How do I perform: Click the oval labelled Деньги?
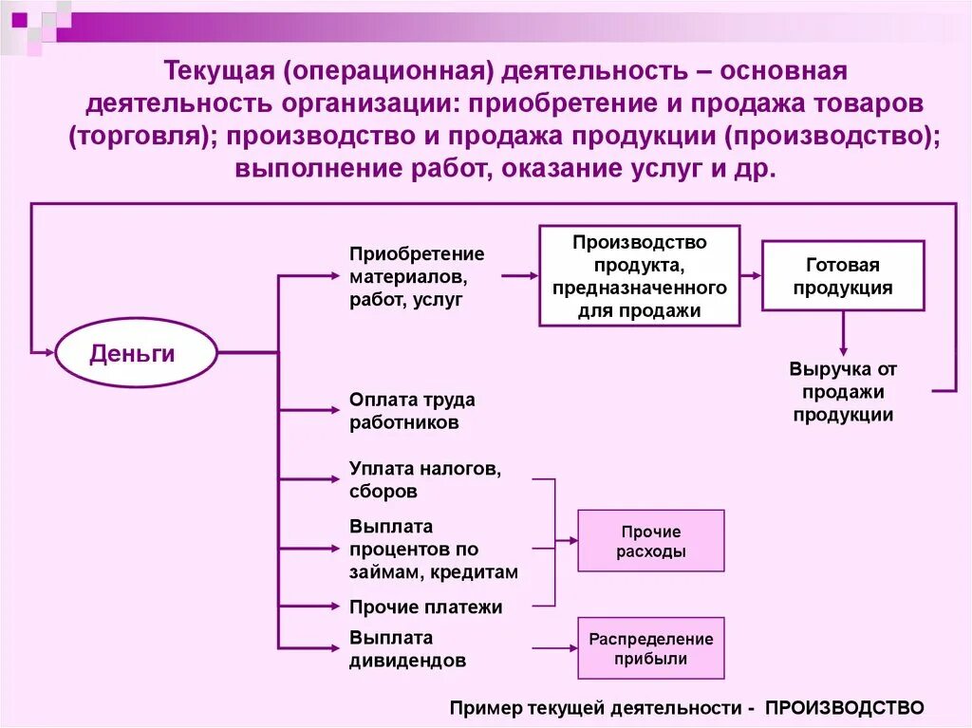(133, 353)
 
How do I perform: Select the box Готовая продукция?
(843, 276)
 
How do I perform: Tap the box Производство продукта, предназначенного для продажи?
(639, 276)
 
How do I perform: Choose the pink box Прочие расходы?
(650, 541)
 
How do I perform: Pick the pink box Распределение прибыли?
(650, 648)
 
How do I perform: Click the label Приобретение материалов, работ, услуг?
(417, 276)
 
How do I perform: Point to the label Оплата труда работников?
(412, 411)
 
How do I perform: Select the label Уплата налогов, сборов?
(424, 479)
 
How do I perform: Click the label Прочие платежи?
(426, 607)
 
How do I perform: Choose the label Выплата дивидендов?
(407, 648)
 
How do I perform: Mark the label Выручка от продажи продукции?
(843, 391)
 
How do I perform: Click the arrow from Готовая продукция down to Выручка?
(843, 334)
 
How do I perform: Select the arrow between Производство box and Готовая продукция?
(751, 276)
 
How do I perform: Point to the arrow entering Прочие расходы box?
(567, 541)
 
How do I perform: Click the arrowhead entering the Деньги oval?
(47, 353)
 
